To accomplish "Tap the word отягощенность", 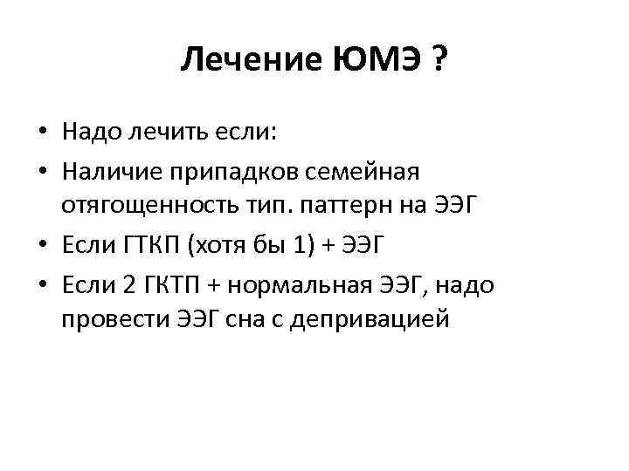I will (x=145, y=207).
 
